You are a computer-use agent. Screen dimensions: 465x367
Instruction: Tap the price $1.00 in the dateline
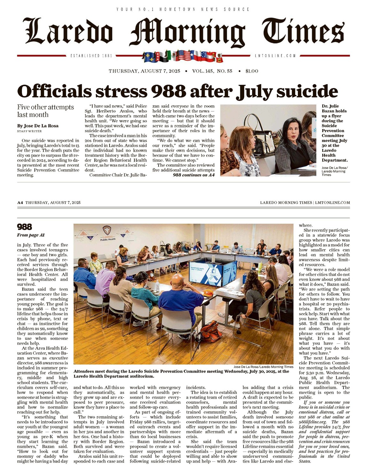click(252, 71)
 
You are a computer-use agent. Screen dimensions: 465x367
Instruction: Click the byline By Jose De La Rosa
click(38, 126)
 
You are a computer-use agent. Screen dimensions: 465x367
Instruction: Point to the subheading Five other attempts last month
click(45, 111)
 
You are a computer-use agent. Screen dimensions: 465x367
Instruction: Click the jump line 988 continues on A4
click(194, 175)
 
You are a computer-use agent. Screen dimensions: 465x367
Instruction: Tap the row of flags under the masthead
click(183, 56)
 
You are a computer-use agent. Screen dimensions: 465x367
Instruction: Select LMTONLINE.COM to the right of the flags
click(275, 56)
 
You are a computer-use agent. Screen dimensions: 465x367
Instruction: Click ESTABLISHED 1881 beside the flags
click(91, 56)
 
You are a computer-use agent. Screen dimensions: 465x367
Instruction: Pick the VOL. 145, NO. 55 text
click(212, 71)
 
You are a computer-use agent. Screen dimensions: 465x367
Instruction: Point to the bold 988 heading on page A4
click(25, 227)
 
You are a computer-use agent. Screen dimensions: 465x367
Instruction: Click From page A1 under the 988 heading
click(31, 235)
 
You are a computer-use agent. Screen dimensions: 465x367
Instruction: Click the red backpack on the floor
click(211, 332)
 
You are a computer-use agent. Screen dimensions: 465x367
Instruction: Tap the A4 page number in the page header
click(20, 202)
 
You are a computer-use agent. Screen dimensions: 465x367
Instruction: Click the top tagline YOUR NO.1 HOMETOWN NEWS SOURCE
click(183, 9)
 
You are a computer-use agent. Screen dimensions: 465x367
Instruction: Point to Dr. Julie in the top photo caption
click(330, 106)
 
